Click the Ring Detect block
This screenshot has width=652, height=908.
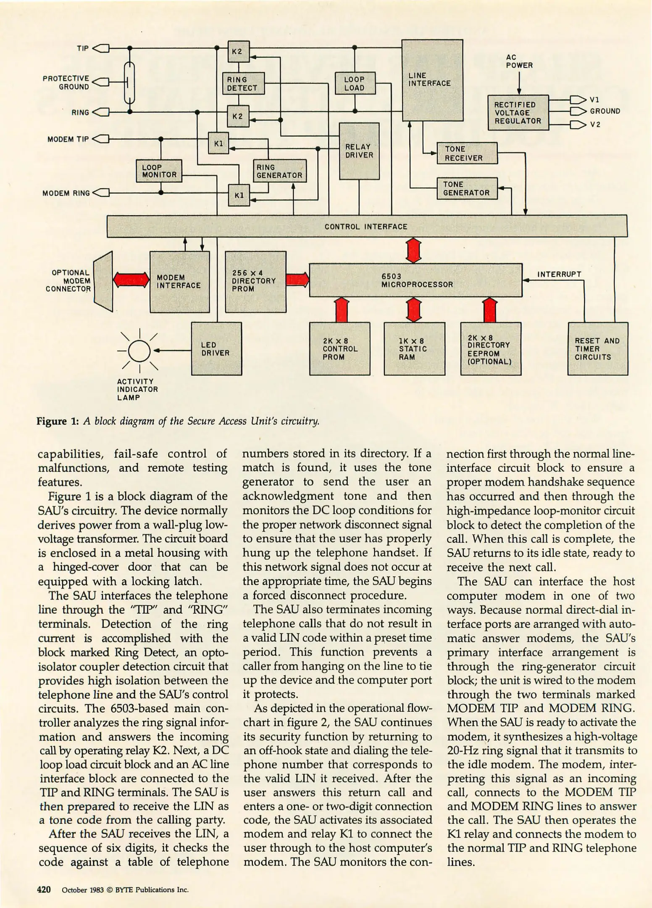[x=243, y=84]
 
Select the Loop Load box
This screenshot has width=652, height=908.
[x=355, y=83]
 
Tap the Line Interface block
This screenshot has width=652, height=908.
[x=432, y=80]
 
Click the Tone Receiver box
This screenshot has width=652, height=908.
[x=466, y=153]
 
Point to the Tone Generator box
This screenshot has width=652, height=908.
[x=466, y=188]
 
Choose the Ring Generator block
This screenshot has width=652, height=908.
[x=279, y=171]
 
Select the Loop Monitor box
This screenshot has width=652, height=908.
[x=159, y=171]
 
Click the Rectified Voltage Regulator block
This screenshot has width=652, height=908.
[x=518, y=113]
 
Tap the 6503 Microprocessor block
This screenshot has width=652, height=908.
[x=415, y=280]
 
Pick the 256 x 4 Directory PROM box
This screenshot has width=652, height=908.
[x=255, y=281]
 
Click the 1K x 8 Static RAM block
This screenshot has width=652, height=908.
[x=414, y=348]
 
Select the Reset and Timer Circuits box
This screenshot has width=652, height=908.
[x=597, y=348]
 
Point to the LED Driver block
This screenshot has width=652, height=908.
[x=216, y=348]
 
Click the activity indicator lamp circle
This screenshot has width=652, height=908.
[x=139, y=350]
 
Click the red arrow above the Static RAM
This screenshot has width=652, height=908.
[x=414, y=310]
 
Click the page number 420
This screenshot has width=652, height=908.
[x=44, y=890]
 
